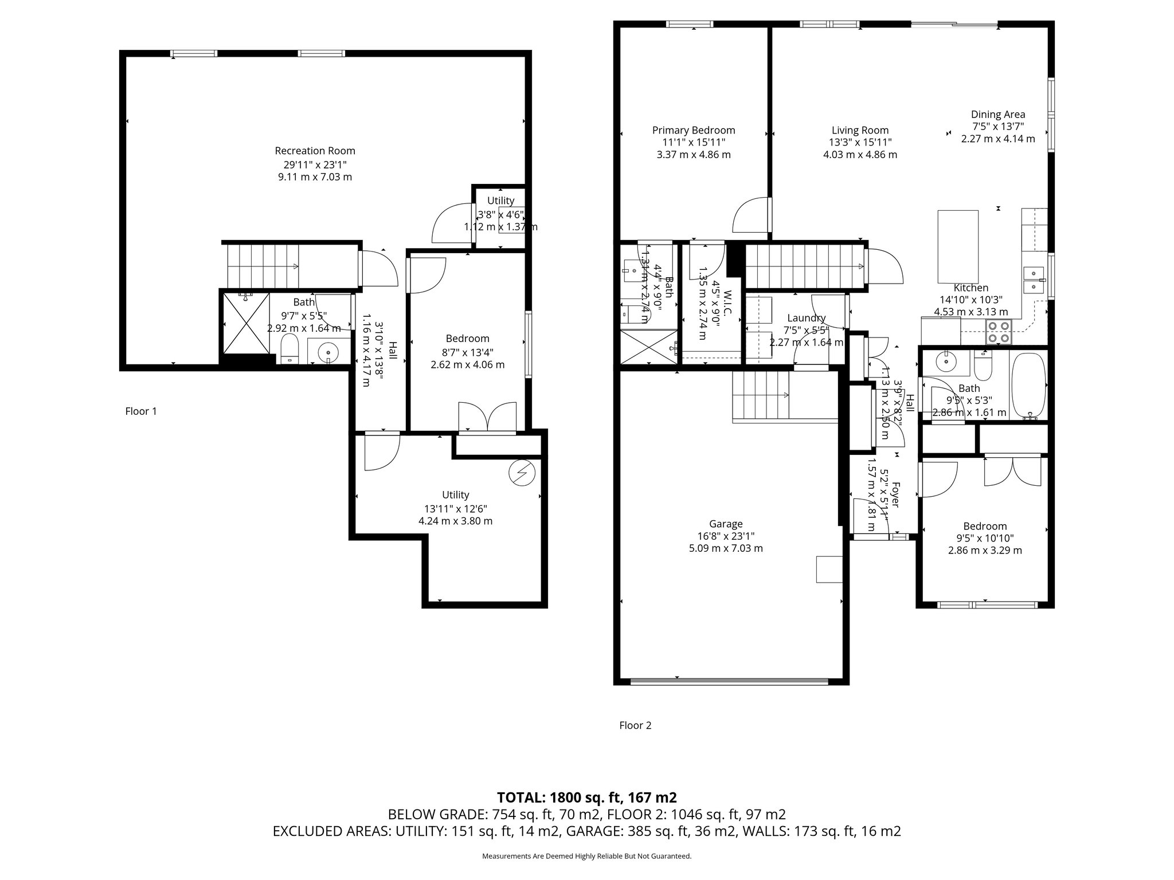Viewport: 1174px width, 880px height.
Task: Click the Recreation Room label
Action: pos(315,151)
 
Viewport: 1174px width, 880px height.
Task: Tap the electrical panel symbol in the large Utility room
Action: pos(522,473)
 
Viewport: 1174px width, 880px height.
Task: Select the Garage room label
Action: pos(726,524)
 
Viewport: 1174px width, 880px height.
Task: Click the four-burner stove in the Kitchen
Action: pos(997,332)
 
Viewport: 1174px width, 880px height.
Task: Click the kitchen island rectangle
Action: pos(957,246)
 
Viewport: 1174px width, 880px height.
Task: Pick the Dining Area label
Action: pos(998,115)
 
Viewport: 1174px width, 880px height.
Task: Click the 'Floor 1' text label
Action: pos(141,411)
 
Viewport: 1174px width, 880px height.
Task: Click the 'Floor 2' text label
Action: pos(635,725)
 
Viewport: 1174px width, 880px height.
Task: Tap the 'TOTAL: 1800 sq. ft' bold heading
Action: pos(586,797)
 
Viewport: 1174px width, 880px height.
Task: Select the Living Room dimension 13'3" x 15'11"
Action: pos(860,142)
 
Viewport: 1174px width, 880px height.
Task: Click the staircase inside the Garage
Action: pos(760,395)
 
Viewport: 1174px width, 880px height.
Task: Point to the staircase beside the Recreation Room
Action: pos(263,266)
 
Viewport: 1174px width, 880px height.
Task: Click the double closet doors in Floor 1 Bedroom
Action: pos(487,417)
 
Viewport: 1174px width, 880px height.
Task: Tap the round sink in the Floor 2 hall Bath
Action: pos(944,362)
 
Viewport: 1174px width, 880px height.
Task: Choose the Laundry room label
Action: pos(806,318)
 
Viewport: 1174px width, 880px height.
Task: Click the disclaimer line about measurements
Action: pos(586,857)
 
